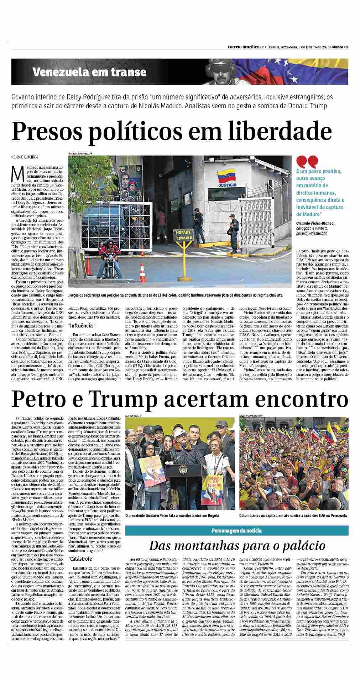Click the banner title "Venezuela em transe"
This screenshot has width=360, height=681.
pos(89,72)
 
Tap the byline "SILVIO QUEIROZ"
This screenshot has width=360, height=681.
pos(25,157)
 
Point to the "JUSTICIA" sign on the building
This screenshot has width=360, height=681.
pos(228,185)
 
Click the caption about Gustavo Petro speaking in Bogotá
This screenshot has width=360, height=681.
pos(172,515)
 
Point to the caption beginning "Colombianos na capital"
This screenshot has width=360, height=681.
pos(293,515)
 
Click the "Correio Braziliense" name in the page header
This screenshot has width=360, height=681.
pos(246,47)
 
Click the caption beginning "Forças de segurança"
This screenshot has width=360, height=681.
pos(175,295)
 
